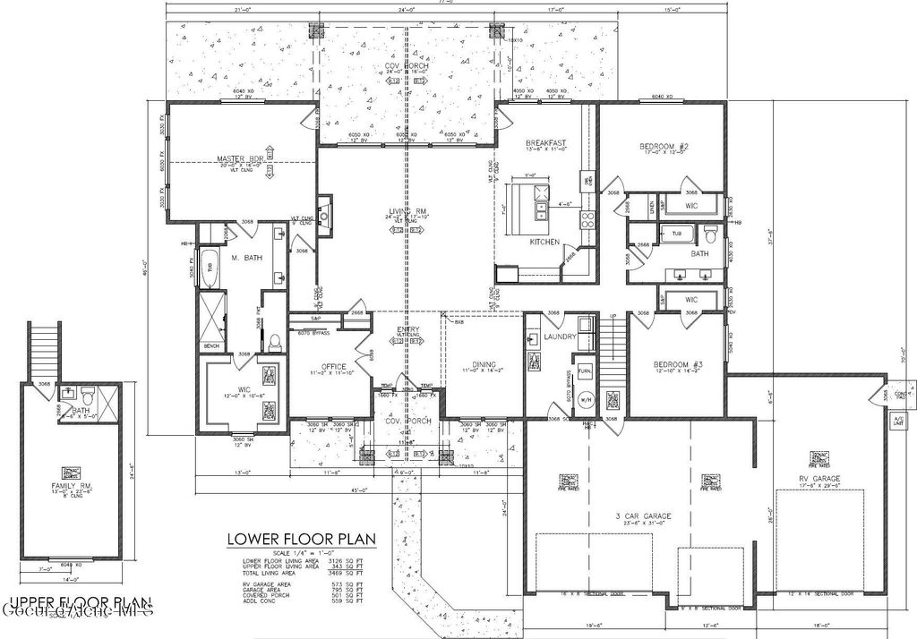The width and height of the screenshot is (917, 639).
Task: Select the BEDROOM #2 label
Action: (663, 146)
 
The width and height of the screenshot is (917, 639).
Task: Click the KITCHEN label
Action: (544, 242)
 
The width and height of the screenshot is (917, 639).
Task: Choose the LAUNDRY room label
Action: (559, 337)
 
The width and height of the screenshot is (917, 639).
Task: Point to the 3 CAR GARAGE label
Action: (642, 516)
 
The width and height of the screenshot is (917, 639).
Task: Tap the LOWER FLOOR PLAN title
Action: (300, 539)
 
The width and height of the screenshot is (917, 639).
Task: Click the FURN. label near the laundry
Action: (585, 370)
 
